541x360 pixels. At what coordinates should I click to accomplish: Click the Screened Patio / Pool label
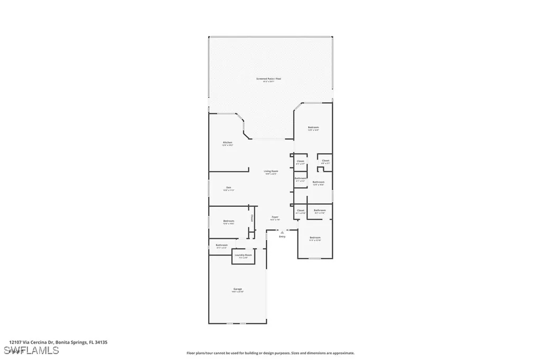pos(268,79)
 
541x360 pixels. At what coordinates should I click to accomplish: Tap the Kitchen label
pos(227,143)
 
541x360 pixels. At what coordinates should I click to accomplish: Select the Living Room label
pos(271,171)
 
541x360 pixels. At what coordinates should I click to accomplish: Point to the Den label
pos(228,187)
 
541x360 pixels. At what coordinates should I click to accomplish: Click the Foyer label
pos(275,217)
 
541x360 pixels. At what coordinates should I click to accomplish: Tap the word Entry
pos(283,236)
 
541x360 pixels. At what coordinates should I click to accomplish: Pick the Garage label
pos(237,289)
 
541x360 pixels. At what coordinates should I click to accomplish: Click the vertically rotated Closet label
pos(252,218)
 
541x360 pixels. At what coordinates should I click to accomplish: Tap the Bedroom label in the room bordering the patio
pos(313,127)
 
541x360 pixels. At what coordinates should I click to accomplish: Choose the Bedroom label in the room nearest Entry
pos(315,238)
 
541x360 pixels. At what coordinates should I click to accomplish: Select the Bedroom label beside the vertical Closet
pos(228,221)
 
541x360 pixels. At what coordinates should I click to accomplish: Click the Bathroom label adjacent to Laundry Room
pos(221,245)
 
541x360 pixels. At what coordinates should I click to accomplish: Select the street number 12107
pos(15,342)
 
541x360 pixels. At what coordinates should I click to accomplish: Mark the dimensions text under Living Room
pos(271,174)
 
